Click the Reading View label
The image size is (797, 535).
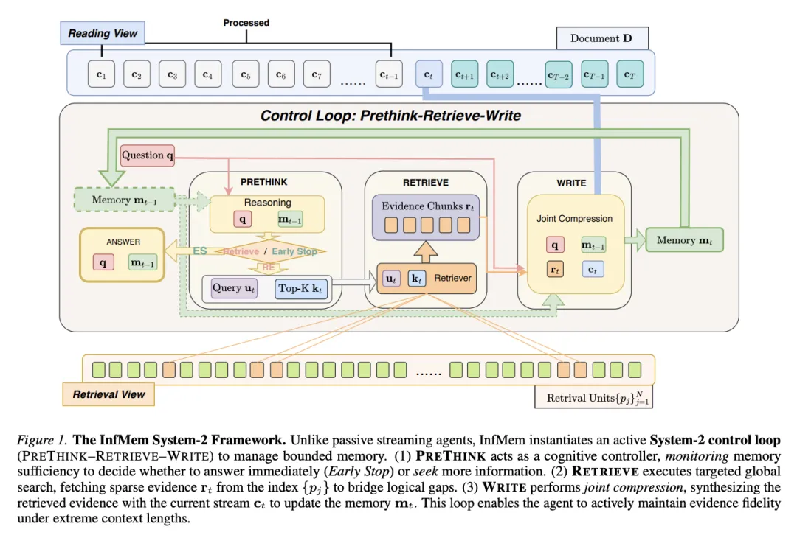[103, 33]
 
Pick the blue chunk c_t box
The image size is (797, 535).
[428, 74]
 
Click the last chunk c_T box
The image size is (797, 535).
[629, 74]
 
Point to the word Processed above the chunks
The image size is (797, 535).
[246, 23]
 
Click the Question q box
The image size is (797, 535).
[148, 155]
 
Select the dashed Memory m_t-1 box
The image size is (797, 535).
[124, 200]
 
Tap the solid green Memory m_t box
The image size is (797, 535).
[684, 239]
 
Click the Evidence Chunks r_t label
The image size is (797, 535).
[427, 206]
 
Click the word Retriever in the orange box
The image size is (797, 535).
[452, 278]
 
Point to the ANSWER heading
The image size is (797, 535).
[123, 241]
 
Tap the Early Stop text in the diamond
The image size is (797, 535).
[294, 251]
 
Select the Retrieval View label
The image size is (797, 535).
[108, 394]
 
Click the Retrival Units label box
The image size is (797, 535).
[595, 398]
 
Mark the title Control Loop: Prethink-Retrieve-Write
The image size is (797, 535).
[390, 116]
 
